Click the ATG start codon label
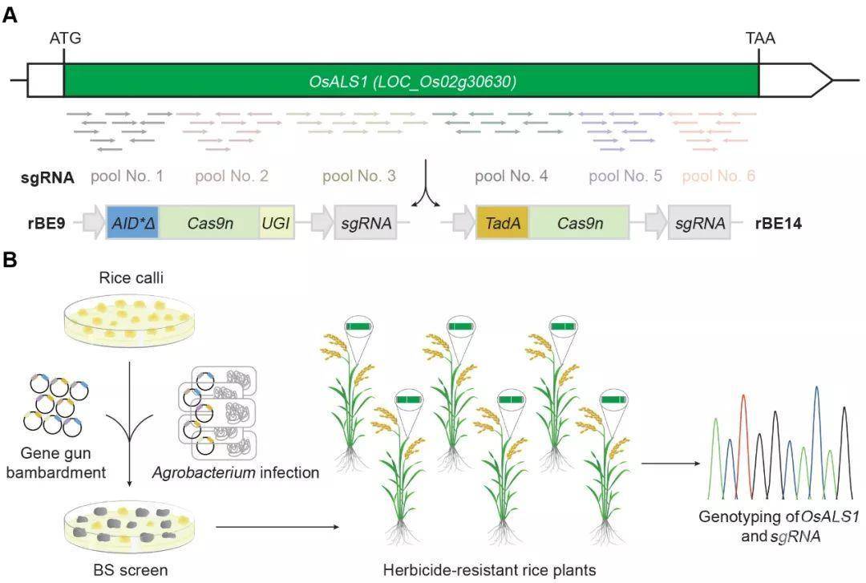(65, 38)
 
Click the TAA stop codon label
(760, 38)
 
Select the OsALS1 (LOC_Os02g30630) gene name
(413, 82)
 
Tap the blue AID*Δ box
(132, 223)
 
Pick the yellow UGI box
(276, 223)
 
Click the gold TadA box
(503, 223)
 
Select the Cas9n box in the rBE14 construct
(579, 223)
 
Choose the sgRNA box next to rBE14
(699, 223)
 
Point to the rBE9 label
(47, 223)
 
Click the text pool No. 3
(359, 176)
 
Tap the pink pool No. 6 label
(718, 176)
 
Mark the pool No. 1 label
(127, 176)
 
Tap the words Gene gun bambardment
(56, 463)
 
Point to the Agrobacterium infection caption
(236, 472)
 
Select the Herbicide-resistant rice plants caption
(489, 569)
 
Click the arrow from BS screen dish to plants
(277, 527)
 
